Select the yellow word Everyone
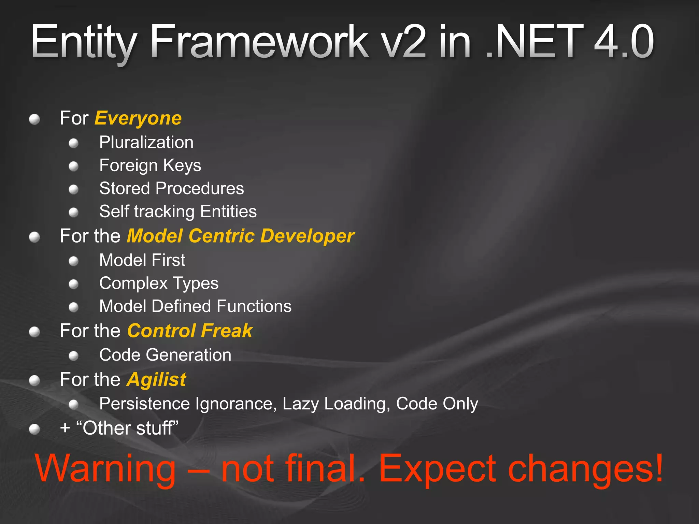(x=138, y=118)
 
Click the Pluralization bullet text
(x=146, y=142)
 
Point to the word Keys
(x=182, y=166)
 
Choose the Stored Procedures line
(x=171, y=188)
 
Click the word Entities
(x=228, y=212)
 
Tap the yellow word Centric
(x=222, y=236)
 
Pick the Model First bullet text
(x=142, y=260)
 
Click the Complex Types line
(x=159, y=283)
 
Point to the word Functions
(x=254, y=306)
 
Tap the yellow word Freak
(x=227, y=331)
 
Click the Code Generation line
(x=165, y=355)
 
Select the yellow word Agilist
(x=157, y=380)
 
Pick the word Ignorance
(x=236, y=404)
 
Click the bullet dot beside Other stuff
(x=34, y=429)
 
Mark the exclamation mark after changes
(x=658, y=467)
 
